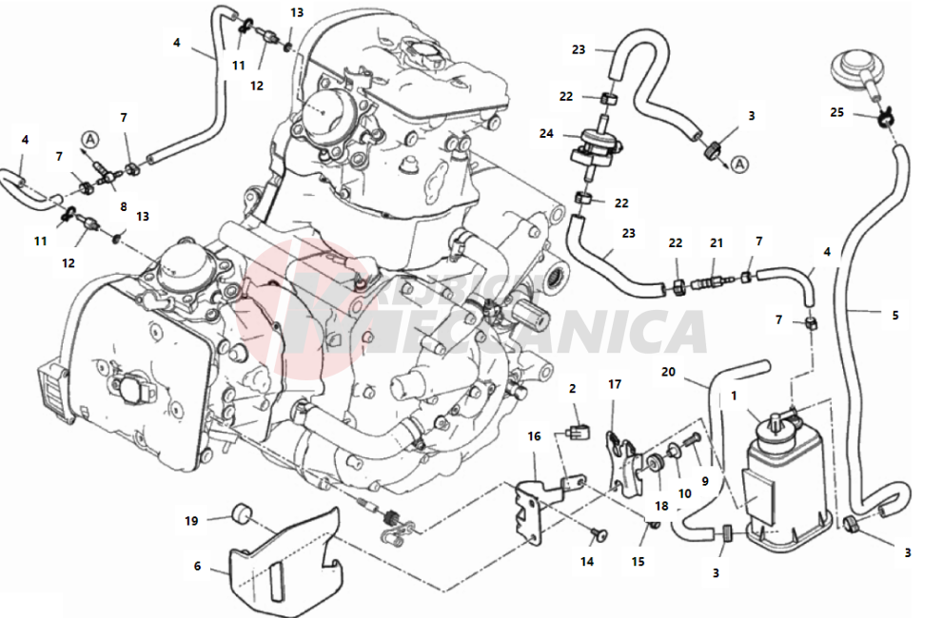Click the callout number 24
[x=545, y=134]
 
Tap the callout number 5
[x=894, y=315]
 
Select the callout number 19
[x=191, y=520]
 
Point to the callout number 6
[x=198, y=566]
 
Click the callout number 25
[x=836, y=112]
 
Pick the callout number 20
[x=668, y=373]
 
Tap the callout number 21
[x=717, y=242]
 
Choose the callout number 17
[x=615, y=384]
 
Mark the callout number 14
[x=587, y=562]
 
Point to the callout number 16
[x=535, y=436]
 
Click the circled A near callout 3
[x=741, y=164]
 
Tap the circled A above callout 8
[x=89, y=140]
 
